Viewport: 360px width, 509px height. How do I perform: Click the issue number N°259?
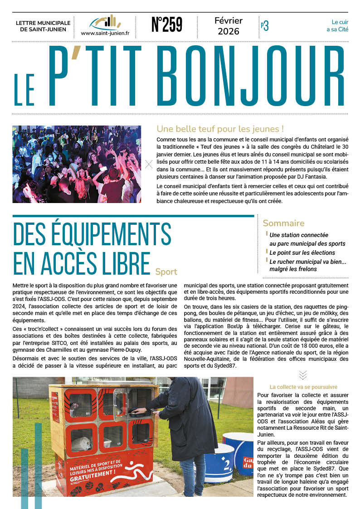pyautogui.click(x=166, y=26)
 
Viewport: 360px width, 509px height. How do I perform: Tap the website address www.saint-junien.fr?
pyautogui.click(x=105, y=33)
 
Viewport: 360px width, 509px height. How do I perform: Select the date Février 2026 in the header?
pyautogui.click(x=229, y=26)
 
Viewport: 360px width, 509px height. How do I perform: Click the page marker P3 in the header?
pyautogui.click(x=264, y=26)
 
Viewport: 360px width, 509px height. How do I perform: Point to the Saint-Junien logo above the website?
pyautogui.click(x=105, y=22)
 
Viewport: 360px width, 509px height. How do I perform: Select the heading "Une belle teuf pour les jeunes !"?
pyautogui.click(x=220, y=129)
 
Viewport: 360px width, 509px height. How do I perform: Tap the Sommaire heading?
pyautogui.click(x=283, y=223)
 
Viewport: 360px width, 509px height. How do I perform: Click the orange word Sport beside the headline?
pyautogui.click(x=166, y=272)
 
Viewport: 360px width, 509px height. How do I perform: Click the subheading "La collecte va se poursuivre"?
pyautogui.click(x=303, y=387)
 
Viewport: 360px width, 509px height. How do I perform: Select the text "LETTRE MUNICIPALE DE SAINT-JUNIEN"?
pyautogui.click(x=43, y=26)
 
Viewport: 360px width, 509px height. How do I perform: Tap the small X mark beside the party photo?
pyautogui.click(x=149, y=165)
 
